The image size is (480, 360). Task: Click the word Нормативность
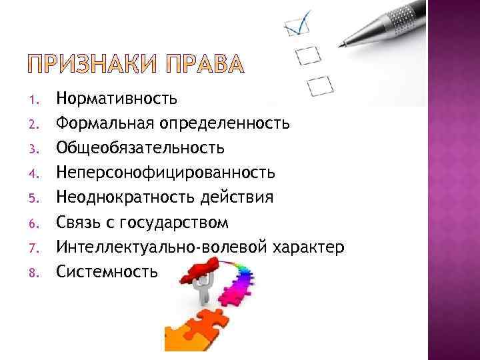coord(117,99)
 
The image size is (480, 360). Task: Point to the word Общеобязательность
coord(140,147)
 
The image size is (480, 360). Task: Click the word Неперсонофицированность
coord(165,173)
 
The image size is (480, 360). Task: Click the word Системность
coord(107,271)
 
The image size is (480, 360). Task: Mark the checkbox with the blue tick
coord(294,26)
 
